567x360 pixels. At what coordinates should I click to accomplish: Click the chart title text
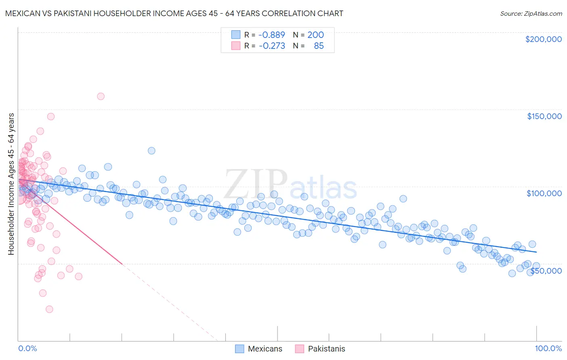(174, 13)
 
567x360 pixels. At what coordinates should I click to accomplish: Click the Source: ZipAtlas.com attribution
(531, 13)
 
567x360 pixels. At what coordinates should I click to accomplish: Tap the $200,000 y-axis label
(543, 39)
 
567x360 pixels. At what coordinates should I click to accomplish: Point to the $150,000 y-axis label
(544, 116)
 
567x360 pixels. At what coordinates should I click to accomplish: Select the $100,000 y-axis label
(544, 193)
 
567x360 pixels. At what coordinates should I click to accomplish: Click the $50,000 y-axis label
(546, 271)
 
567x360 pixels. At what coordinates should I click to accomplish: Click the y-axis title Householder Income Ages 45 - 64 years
(11, 184)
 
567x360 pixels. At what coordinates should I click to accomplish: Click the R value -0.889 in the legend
(271, 35)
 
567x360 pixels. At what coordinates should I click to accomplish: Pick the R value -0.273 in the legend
(271, 46)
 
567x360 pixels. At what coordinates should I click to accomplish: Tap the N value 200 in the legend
(315, 35)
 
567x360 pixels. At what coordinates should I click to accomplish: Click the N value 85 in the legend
(319, 46)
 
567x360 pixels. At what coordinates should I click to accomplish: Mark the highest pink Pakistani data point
(101, 96)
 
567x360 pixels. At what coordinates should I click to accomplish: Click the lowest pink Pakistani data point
(49, 309)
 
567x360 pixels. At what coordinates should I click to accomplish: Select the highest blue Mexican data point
(152, 151)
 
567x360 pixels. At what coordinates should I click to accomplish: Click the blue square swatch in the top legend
(236, 35)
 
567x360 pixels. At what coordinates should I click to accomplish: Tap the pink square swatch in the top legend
(236, 46)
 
